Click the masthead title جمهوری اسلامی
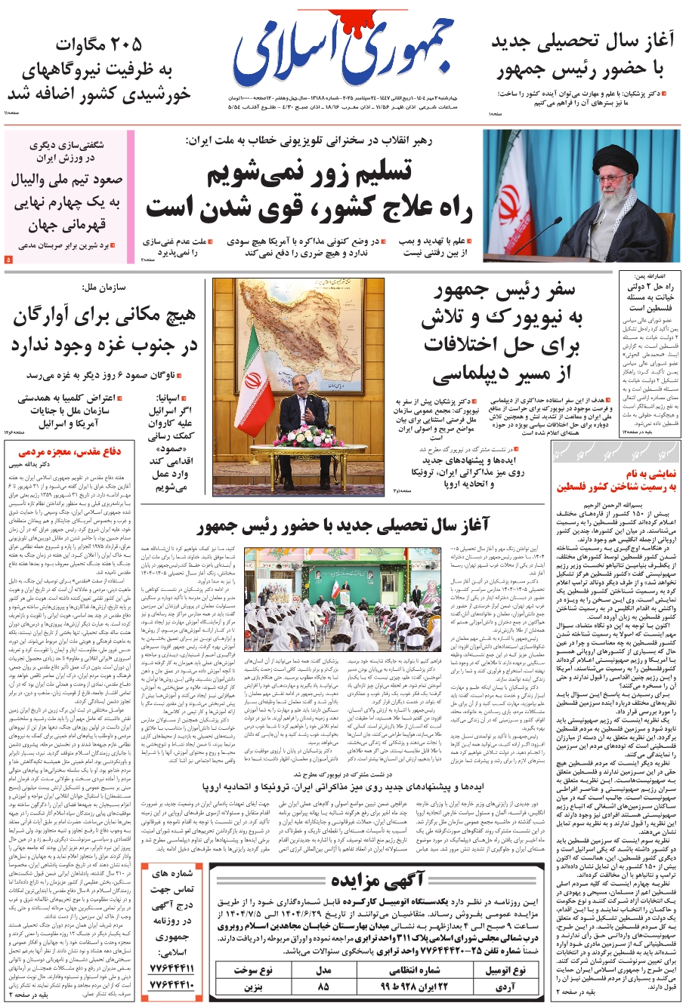[x=344, y=57]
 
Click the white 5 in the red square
[x=8, y=260]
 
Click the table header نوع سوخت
[x=252, y=970]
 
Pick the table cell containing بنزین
[x=252, y=986]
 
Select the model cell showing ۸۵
[x=324, y=986]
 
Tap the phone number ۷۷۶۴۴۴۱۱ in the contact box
[x=172, y=968]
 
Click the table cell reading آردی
[x=505, y=986]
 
